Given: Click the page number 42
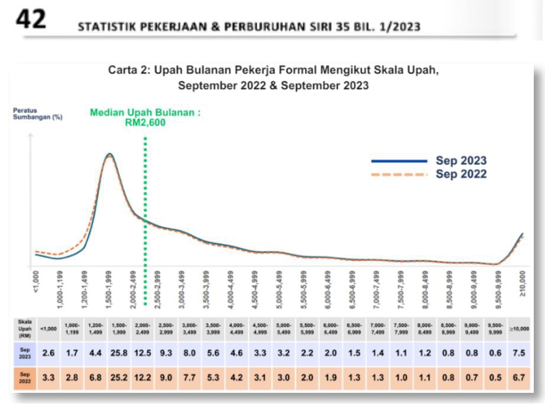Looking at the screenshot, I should tap(31, 19).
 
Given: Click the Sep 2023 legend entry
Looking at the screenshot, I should tap(461, 161).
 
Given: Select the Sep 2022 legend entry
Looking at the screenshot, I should tap(461, 174).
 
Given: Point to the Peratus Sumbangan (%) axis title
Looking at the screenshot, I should tap(38, 113).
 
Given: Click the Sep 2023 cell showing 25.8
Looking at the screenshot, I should tap(118, 353).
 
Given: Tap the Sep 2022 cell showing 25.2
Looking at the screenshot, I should tap(118, 377).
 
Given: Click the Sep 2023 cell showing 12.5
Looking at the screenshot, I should tap(143, 353).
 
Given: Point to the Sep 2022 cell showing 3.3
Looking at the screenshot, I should tap(48, 377).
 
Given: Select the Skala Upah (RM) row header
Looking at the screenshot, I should tap(25, 329).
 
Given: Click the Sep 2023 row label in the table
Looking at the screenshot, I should tap(25, 353).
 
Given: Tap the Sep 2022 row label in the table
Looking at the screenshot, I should tap(25, 377).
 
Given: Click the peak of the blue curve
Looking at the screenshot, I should tap(109, 154).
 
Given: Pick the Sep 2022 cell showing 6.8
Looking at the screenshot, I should tap(95, 377).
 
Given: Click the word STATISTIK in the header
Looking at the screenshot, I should tap(102, 28).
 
